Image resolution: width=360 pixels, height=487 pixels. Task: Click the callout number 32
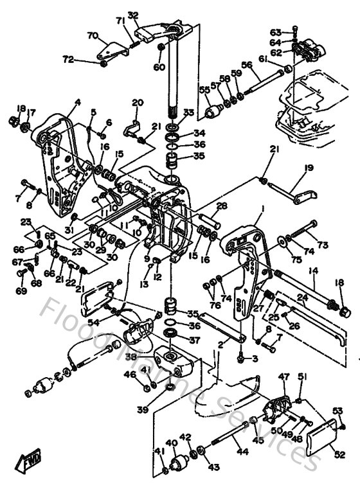tap(133, 14)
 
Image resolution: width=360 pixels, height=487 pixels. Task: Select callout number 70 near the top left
tap(92, 35)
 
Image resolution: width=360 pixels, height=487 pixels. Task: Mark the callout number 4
tap(77, 102)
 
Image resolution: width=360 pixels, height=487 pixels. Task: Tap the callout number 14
tap(313, 272)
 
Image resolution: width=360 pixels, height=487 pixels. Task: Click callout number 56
tap(246, 64)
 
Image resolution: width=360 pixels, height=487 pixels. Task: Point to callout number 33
tap(188, 112)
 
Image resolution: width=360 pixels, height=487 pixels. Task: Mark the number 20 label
tap(137, 103)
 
